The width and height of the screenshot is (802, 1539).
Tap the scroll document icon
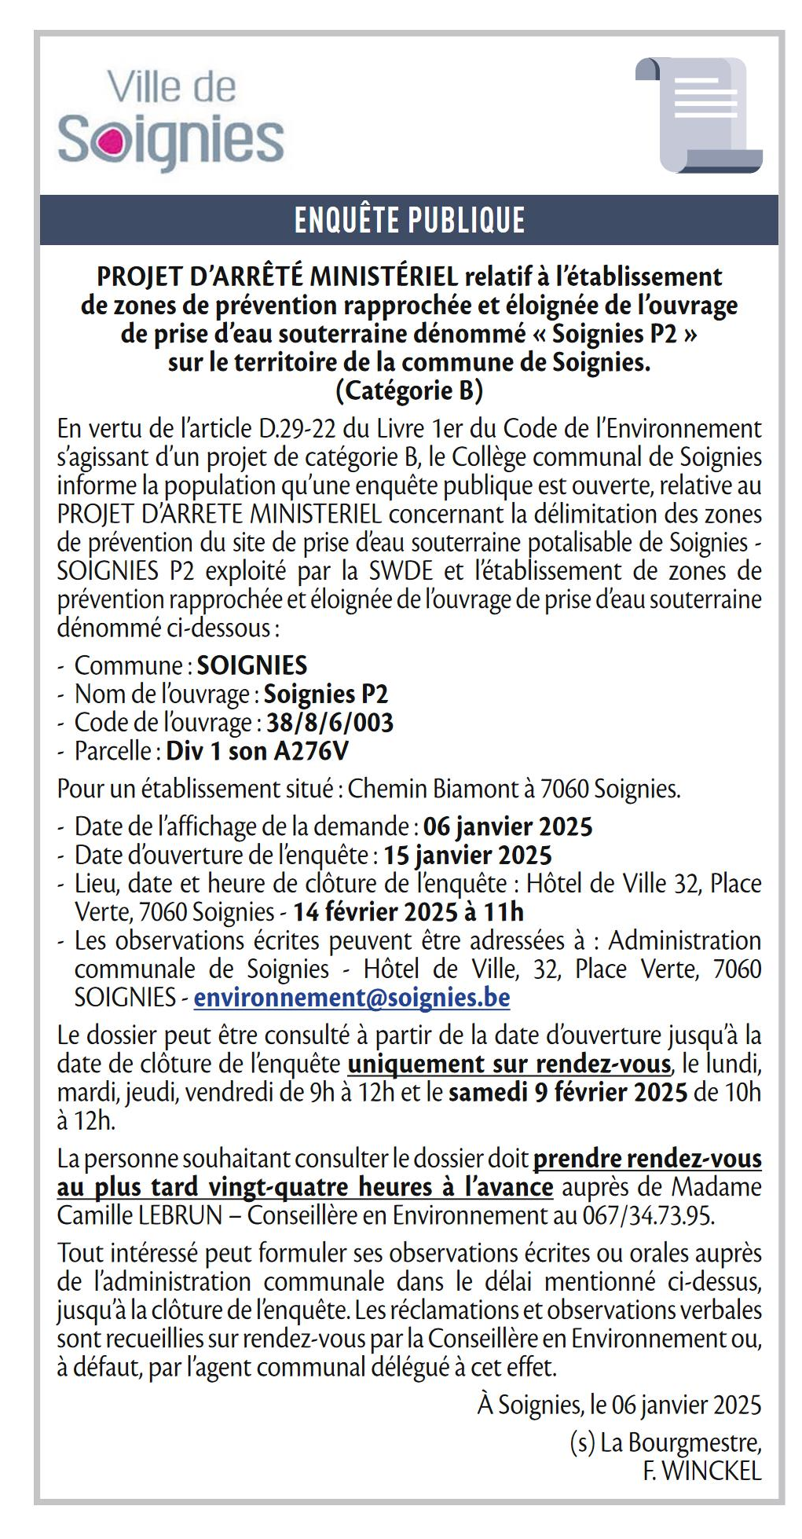[x=698, y=114]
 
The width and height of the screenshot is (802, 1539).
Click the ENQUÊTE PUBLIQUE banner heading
[x=409, y=221]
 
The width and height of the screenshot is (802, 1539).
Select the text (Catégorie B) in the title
[x=409, y=390]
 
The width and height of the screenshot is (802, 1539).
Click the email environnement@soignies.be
[x=352, y=998]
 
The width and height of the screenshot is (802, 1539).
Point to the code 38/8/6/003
[x=330, y=723]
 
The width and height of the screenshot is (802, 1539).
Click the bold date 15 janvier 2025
[x=467, y=855]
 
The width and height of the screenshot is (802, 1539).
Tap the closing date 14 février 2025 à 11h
[x=408, y=912]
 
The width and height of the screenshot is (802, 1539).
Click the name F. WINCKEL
[x=702, y=1471]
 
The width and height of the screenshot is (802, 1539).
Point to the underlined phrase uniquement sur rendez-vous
[x=509, y=1064]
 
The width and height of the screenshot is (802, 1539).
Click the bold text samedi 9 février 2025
[x=568, y=1093]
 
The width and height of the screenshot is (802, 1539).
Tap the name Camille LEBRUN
[x=140, y=1215]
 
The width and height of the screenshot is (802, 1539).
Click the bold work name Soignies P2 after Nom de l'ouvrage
[x=326, y=694]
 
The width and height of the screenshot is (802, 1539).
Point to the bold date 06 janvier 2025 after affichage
[x=507, y=826]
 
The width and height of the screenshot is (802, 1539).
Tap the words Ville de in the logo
[x=171, y=87]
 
